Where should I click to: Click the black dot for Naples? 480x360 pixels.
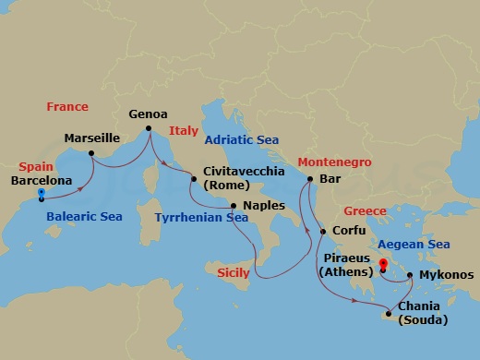234,205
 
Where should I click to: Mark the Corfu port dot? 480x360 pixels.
322,231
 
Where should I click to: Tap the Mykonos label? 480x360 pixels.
446,275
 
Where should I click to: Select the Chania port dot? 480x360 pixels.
389,315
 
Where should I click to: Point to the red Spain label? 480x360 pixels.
36,167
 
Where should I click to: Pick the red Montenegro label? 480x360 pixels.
334,162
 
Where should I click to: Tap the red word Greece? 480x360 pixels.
365,210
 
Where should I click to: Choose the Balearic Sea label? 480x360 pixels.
84,217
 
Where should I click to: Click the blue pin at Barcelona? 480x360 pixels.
42,194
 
